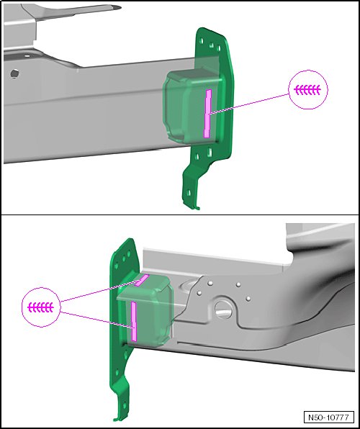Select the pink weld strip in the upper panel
[x=208, y=114]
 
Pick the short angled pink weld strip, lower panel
[x=142, y=280]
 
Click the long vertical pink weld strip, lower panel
[x=134, y=322]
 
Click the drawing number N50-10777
[x=328, y=417]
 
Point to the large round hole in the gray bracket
[x=224, y=310]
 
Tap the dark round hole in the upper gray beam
[x=15, y=73]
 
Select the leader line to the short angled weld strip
[x=99, y=290]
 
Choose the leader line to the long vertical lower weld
[x=96, y=320]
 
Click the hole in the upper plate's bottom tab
[x=189, y=193]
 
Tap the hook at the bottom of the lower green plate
[x=117, y=419]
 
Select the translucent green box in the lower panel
[x=145, y=312]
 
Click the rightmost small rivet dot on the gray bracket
[x=248, y=298]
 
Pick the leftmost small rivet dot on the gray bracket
[x=199, y=293]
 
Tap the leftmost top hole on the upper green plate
[x=202, y=41]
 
